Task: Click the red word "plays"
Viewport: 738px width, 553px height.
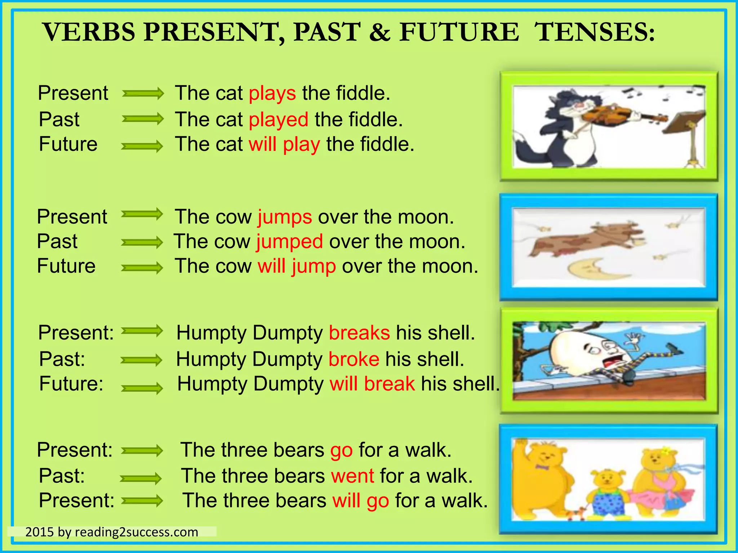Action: (x=272, y=94)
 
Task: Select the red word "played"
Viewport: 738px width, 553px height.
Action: (x=279, y=120)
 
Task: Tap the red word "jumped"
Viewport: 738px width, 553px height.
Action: (x=290, y=242)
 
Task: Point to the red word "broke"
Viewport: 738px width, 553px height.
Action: (x=354, y=359)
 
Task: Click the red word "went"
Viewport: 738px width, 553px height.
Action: (x=352, y=476)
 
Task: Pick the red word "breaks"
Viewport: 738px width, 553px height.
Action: (x=359, y=333)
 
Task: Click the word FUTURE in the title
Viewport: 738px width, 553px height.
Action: (x=459, y=32)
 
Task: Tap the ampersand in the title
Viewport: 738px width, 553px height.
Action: (x=379, y=32)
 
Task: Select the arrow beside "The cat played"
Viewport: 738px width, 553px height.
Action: (x=143, y=119)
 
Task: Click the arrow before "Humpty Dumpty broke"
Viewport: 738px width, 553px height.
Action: (x=141, y=360)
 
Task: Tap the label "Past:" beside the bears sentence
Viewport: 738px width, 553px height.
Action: (x=62, y=476)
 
